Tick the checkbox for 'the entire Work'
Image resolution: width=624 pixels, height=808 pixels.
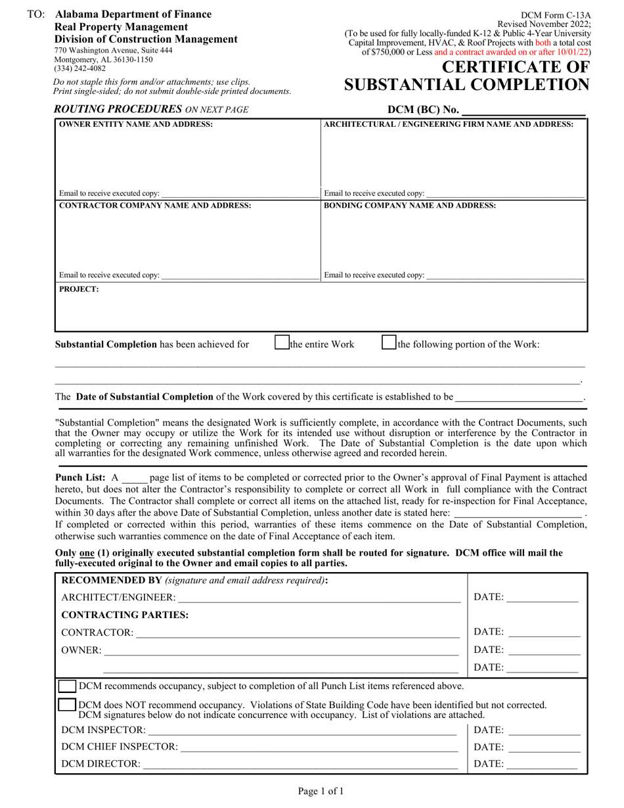282,342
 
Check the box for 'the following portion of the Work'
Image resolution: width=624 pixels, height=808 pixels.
389,342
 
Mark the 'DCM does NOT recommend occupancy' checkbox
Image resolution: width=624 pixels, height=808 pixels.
67,705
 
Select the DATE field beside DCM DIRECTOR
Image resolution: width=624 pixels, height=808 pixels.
542,764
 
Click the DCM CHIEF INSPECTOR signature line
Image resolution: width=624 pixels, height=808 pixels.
319,747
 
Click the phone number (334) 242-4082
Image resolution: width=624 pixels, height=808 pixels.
75,68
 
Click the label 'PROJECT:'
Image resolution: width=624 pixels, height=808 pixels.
79,288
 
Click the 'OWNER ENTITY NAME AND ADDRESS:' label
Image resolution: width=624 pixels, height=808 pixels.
136,124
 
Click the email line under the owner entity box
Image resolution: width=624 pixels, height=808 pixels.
239,194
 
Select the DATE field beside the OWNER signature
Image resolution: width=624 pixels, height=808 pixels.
545,650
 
